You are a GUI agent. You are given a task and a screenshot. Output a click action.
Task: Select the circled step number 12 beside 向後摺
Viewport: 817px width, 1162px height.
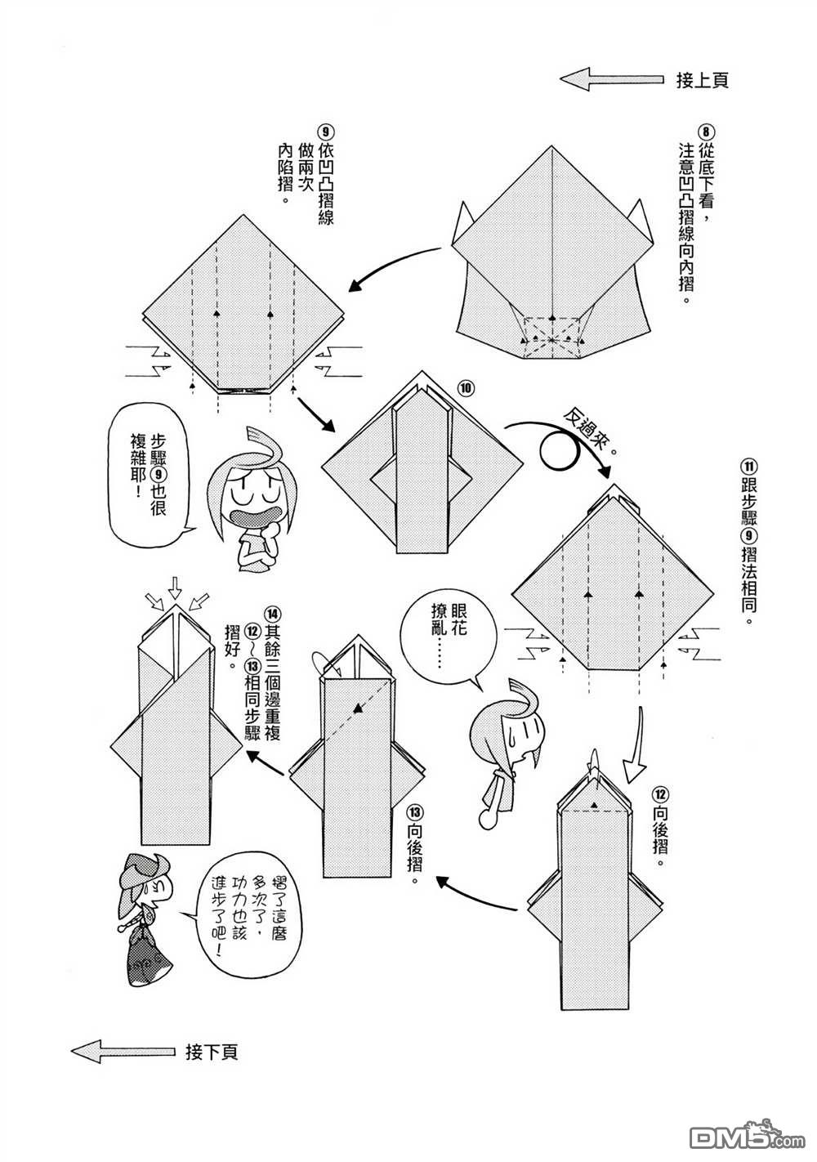660,793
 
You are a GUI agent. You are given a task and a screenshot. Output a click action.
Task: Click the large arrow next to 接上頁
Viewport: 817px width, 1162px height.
610,79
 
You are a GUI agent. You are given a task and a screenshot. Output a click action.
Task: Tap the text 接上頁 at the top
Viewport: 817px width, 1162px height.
702,80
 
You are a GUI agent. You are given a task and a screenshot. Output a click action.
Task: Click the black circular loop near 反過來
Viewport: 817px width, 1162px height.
563,448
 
